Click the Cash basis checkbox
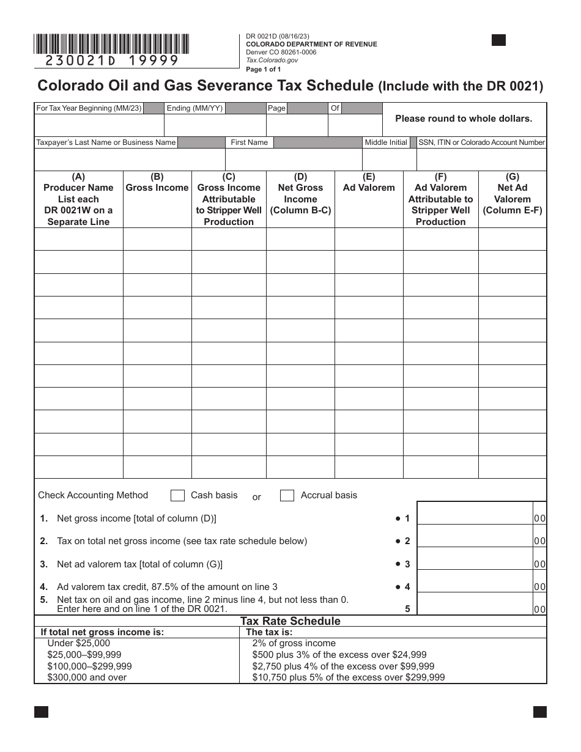tap(177, 495)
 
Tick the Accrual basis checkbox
tap(287, 495)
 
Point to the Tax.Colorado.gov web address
tap(272, 61)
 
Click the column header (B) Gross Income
tap(157, 183)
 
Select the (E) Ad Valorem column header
tap(369, 183)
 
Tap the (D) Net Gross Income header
tap(300, 194)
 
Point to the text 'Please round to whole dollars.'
tap(464, 119)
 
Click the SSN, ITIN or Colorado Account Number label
tap(481, 142)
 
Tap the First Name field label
tap(249, 142)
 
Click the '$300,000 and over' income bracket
tap(87, 677)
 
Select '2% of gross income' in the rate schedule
tap(294, 643)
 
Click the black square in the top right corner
tap(499, 40)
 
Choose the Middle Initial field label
tap(385, 142)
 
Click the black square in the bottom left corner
tap(41, 712)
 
